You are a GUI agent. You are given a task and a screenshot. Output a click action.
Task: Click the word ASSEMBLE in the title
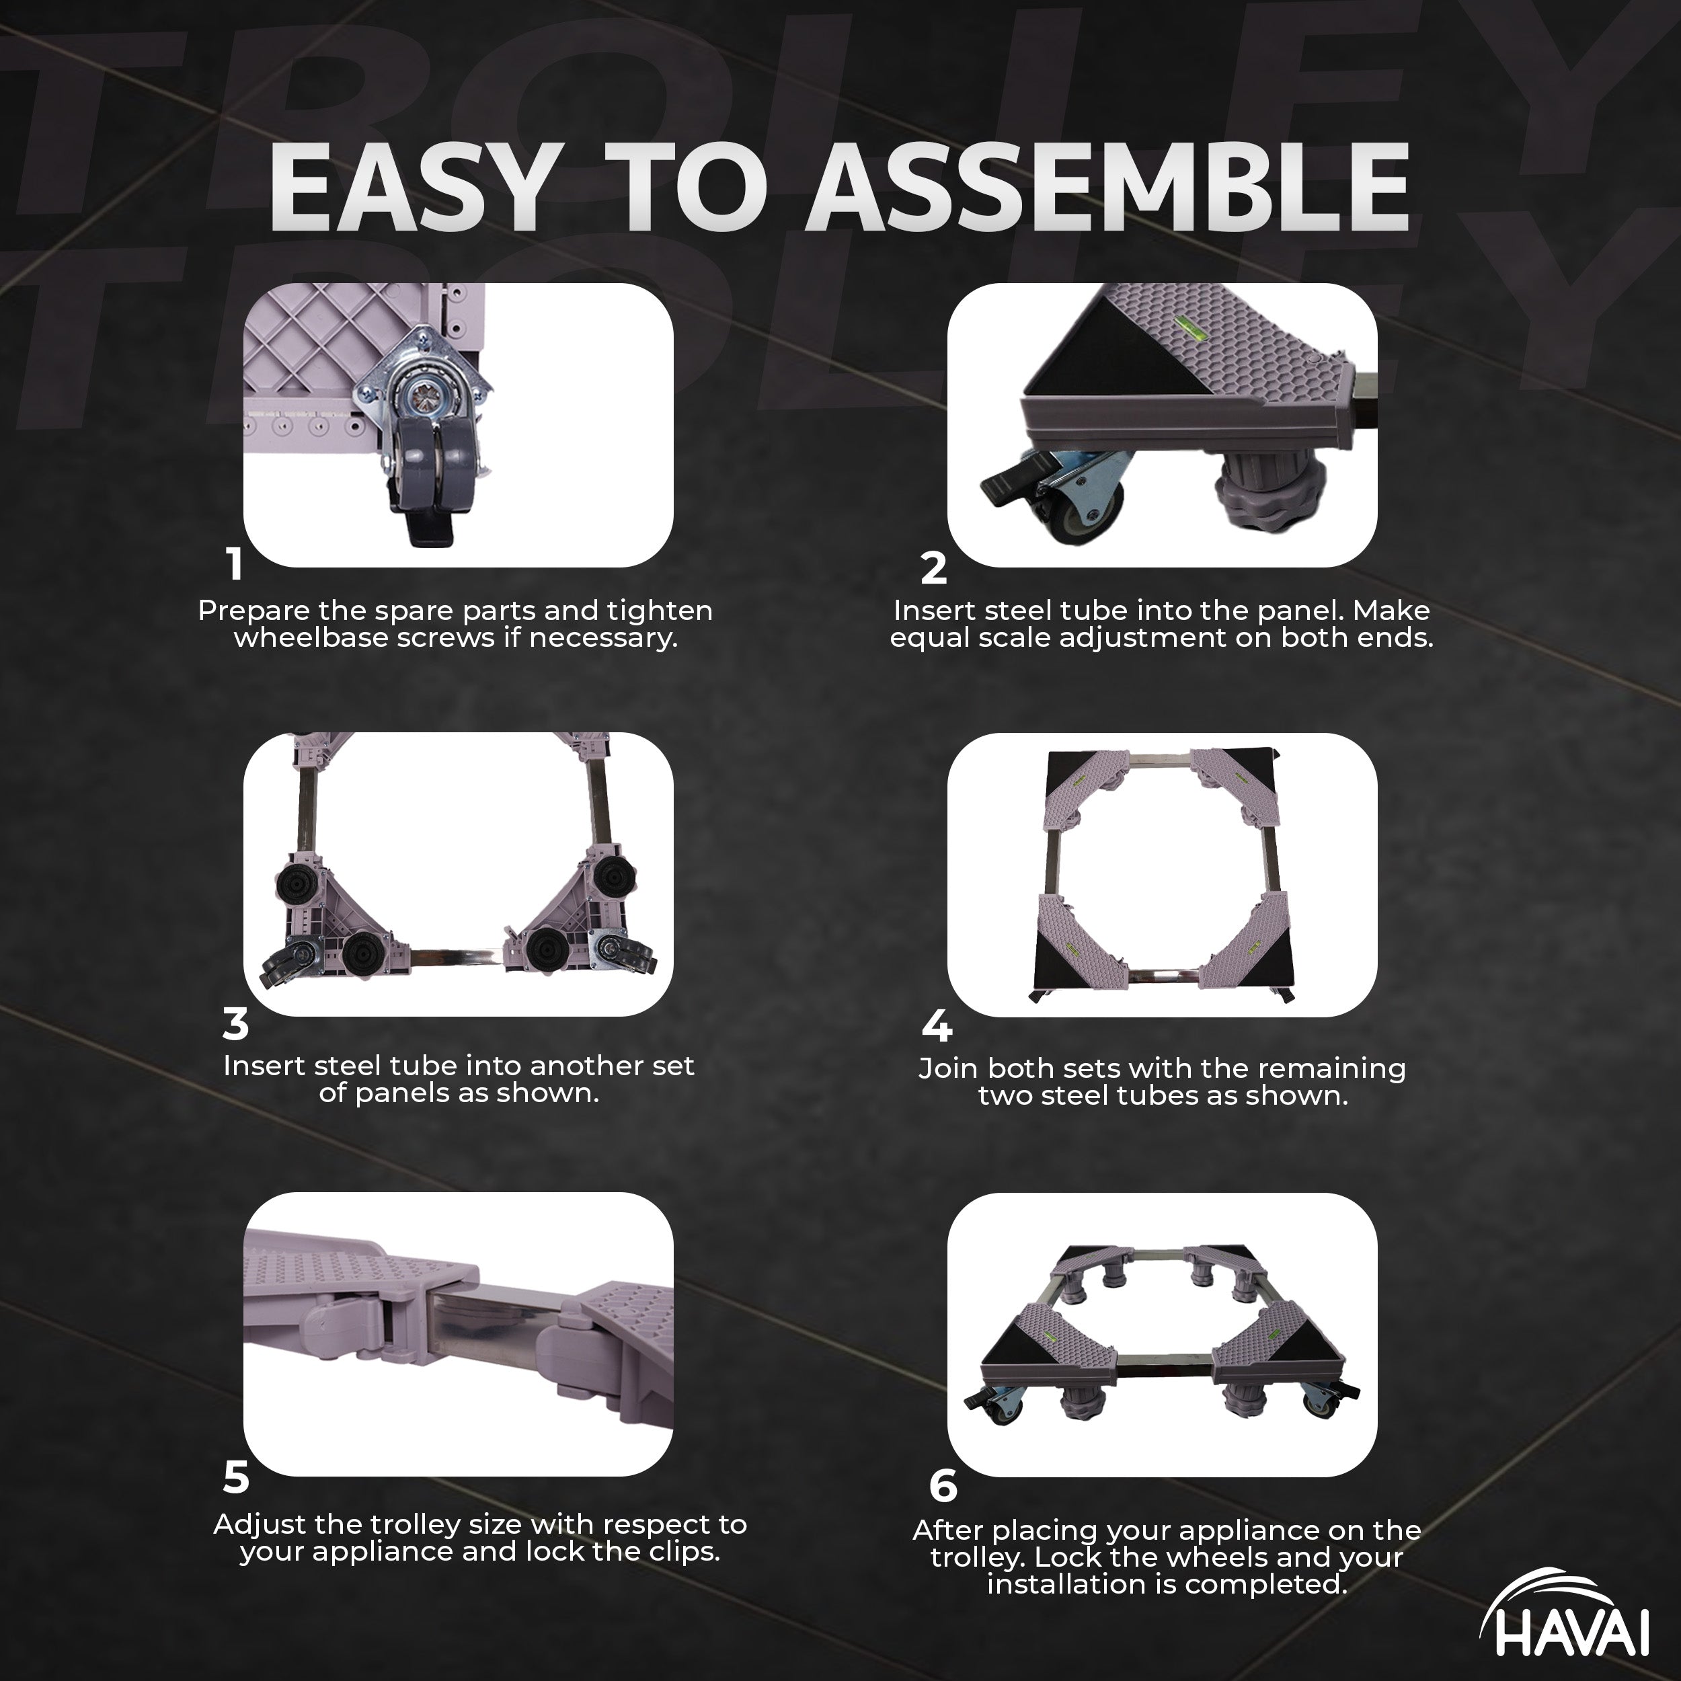1109,188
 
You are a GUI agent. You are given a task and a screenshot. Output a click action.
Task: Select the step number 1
234,566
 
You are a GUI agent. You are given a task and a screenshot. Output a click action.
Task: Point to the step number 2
933,569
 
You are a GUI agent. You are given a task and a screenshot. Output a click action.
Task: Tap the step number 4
936,1027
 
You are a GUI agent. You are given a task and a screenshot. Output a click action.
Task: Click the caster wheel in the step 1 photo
432,470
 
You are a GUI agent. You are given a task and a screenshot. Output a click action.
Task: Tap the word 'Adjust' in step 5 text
260,1525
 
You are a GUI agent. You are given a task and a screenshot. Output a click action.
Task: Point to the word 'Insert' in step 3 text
264,1066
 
